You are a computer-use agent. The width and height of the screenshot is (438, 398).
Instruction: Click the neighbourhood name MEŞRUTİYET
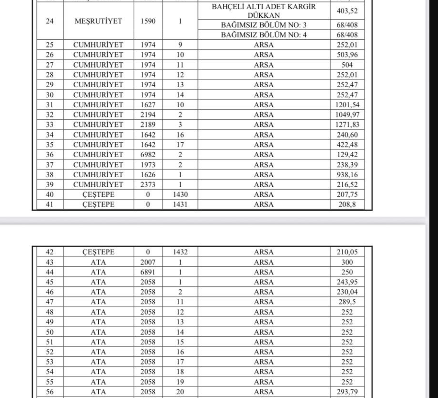98,21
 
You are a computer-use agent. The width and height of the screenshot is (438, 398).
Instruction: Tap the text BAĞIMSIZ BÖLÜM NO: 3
264,25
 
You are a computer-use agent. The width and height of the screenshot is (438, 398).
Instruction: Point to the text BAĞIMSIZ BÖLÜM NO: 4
264,35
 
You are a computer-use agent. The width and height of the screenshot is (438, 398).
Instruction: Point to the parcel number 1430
180,195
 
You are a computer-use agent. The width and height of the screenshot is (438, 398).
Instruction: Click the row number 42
50,252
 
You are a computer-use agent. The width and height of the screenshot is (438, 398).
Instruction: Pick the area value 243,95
347,282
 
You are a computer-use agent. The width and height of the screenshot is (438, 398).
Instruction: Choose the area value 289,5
347,302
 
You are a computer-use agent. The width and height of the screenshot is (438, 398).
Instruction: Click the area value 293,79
347,392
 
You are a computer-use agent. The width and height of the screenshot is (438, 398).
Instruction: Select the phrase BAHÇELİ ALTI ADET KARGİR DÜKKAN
264,11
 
